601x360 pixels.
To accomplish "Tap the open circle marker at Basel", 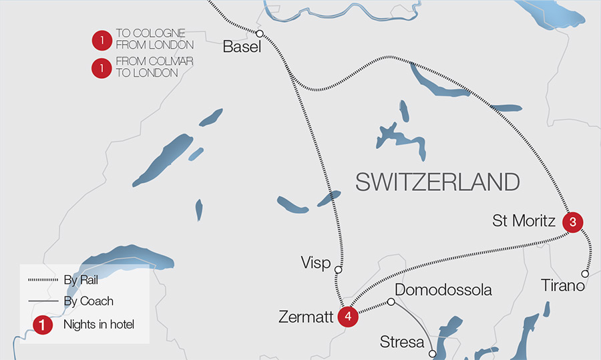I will pyautogui.click(x=260, y=34).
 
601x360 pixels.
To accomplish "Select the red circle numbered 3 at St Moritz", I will pyautogui.click(x=572, y=222).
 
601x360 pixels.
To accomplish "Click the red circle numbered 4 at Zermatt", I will pyautogui.click(x=347, y=317).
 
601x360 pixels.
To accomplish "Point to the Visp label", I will pyautogui.click(x=316, y=262).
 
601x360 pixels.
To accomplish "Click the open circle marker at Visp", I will pyautogui.click(x=338, y=271).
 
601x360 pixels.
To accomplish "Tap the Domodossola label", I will pyautogui.click(x=443, y=290).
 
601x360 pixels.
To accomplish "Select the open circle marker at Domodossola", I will pyautogui.click(x=391, y=302).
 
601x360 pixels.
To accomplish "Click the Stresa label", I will pyautogui.click(x=402, y=343).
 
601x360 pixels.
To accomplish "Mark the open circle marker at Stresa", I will pyautogui.click(x=433, y=353).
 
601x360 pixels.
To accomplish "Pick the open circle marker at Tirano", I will pyautogui.click(x=585, y=274).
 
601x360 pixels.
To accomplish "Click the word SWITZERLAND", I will pyautogui.click(x=437, y=182).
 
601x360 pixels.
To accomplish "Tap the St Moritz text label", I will pyautogui.click(x=524, y=220).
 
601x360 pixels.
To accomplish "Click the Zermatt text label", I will pyautogui.click(x=305, y=317).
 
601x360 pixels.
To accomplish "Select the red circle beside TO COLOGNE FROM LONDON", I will pyautogui.click(x=102, y=41).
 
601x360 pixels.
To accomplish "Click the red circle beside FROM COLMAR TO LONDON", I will pyautogui.click(x=102, y=68).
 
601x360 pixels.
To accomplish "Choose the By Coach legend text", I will pyautogui.click(x=88, y=301).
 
